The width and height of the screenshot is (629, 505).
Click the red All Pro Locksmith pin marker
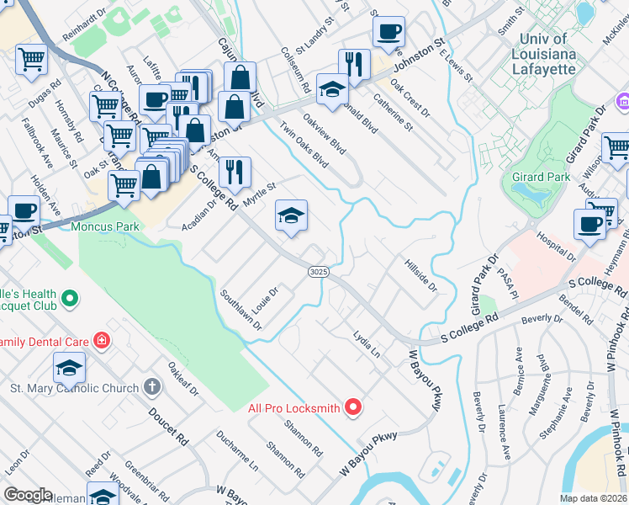353,408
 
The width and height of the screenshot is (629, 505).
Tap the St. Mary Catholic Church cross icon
151,388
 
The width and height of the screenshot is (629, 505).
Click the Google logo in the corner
28,495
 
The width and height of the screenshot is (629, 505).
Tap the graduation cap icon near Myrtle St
290,217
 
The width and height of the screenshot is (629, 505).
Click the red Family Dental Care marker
101,341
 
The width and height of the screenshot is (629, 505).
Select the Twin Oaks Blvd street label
304,145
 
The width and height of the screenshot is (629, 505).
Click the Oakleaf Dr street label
182,378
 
